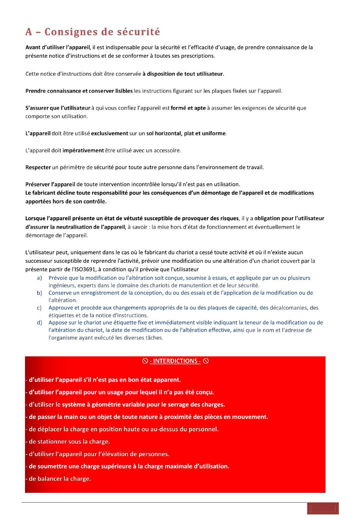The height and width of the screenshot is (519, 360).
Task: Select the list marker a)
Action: click(39, 278)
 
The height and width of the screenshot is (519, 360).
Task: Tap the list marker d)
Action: click(39, 323)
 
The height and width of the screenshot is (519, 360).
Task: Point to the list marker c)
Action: click(39, 308)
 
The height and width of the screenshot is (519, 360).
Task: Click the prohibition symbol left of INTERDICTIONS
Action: click(145, 361)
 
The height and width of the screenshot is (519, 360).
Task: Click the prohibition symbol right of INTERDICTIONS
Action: click(206, 361)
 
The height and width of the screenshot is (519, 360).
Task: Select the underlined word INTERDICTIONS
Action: click(175, 361)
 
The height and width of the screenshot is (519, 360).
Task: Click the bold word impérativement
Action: click(83, 151)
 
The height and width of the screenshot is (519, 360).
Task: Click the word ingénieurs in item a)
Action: click(62, 285)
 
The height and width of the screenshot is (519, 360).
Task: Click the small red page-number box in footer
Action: click(323, 508)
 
